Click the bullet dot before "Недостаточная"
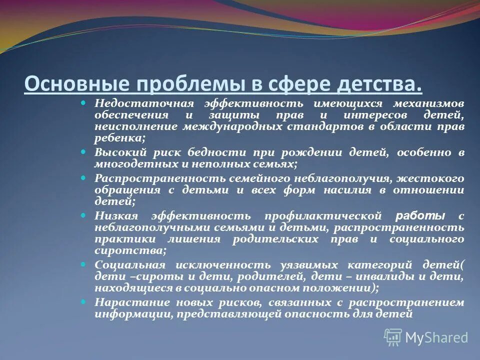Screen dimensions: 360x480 (83, 102)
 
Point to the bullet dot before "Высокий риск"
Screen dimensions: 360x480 (83, 150)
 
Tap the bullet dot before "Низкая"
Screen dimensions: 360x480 (83, 214)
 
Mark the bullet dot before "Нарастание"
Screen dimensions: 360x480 (83, 301)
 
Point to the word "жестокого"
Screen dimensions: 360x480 (436, 178)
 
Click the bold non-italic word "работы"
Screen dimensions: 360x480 (420, 215)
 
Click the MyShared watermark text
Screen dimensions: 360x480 (436, 337)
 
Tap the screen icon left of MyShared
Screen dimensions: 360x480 (393, 337)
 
